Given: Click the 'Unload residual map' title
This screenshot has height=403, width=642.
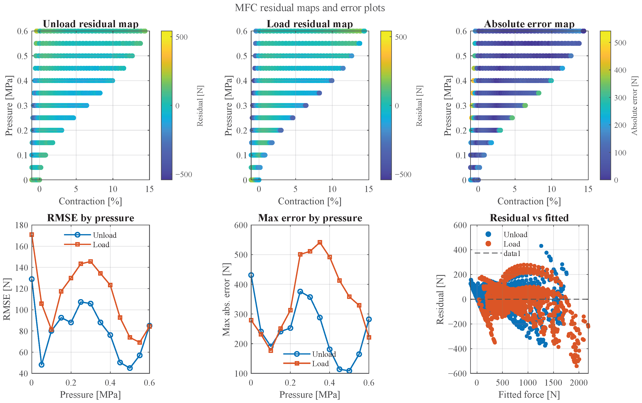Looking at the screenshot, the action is pos(91,24).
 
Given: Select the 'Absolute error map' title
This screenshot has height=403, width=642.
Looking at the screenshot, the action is pos(529,24).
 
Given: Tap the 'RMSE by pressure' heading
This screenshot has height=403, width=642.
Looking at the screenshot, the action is pos(91,218).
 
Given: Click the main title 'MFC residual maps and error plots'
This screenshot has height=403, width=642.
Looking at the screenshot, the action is pos(310,8).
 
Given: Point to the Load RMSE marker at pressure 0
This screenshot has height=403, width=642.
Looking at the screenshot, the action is pos(32,235).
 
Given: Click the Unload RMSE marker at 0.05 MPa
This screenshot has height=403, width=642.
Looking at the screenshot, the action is pos(41,365).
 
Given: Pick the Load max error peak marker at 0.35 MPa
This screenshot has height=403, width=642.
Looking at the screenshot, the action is pos(320,242).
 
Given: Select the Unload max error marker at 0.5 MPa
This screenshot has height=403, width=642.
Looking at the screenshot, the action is pos(349,370).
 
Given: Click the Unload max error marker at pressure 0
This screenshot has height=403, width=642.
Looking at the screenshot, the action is pos(251,275).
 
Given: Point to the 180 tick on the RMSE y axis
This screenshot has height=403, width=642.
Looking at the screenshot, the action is pos(22,225).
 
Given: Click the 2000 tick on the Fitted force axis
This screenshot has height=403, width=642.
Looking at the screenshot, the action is pos(579,383).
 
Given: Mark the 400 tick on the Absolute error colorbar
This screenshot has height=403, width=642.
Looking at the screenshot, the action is pos(620,70).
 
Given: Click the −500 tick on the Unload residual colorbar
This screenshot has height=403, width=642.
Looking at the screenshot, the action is pos(184,175).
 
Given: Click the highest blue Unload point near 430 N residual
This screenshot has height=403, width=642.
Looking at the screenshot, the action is pos(541,246).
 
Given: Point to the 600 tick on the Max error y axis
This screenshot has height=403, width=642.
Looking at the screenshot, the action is pos(241,225).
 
